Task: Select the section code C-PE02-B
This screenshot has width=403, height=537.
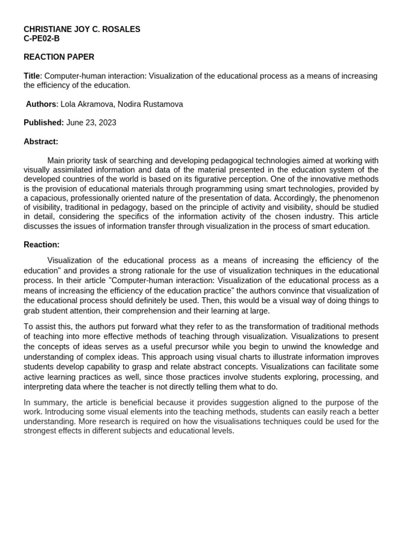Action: coord(42,38)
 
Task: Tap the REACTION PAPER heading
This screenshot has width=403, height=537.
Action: coord(59,57)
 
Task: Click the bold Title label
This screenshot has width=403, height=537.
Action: coord(32,76)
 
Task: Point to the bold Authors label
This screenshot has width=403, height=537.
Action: coord(41,104)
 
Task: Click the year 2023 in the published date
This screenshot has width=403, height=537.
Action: coord(107,123)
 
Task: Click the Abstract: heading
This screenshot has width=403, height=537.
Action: coord(41,142)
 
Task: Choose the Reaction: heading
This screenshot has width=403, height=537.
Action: coord(41,244)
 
